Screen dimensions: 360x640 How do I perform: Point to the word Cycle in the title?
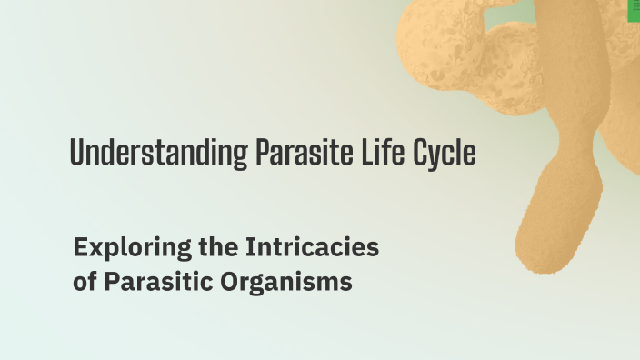point(445,153)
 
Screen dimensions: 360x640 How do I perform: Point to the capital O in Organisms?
point(229,282)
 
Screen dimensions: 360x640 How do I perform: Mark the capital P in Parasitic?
point(111,282)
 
